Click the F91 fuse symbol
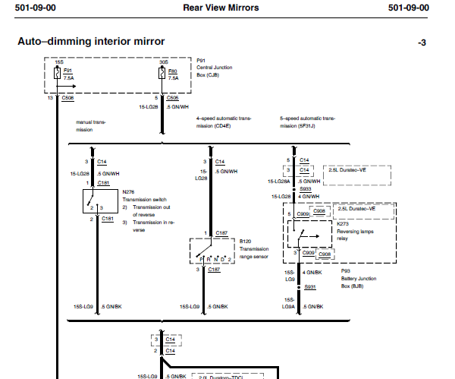57,73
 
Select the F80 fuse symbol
162,73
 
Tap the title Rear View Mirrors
221,8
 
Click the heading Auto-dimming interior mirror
91,41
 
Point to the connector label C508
68,98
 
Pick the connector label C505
173,98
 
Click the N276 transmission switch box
100,201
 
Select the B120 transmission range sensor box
212,251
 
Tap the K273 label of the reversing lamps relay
343,224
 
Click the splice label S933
306,189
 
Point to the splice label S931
310,287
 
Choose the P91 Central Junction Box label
215,68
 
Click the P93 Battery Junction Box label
359,279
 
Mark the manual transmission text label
91,126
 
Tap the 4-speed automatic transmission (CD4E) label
224,122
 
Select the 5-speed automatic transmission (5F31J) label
308,122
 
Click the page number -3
422,43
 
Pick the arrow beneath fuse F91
66,86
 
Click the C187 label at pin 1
221,233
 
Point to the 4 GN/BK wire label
312,273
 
